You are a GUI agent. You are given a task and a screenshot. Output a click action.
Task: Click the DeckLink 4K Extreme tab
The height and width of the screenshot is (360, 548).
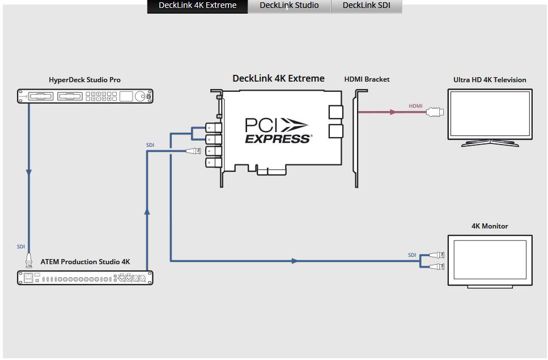pyautogui.click(x=197, y=6)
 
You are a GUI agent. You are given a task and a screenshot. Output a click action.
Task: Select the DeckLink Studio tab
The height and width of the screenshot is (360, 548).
pyautogui.click(x=289, y=6)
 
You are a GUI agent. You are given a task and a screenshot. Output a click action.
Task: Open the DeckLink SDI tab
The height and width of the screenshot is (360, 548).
pyautogui.click(x=366, y=6)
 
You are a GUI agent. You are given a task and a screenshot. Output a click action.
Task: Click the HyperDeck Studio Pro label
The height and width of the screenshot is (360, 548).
pyautogui.click(x=84, y=80)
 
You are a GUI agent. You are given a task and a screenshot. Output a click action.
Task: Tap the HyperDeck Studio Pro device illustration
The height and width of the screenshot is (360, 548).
pyautogui.click(x=84, y=96)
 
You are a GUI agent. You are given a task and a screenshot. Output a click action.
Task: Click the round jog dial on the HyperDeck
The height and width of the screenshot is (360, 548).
pyautogui.click(x=139, y=96)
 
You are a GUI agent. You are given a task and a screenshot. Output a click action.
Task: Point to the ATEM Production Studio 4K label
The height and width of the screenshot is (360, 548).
pyautogui.click(x=85, y=262)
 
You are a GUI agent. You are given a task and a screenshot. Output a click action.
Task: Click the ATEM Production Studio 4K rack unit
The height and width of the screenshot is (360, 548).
pyautogui.click(x=85, y=278)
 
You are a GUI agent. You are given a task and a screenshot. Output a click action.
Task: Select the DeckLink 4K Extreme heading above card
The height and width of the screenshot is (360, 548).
pyautogui.click(x=278, y=78)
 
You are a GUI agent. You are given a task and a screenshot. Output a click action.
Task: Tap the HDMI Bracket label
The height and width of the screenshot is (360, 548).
pyautogui.click(x=367, y=79)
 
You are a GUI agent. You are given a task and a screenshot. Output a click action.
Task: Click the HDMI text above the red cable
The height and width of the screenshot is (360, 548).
pyautogui.click(x=415, y=105)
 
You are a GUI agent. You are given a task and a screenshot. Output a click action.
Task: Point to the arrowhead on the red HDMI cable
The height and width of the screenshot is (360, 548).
pyautogui.click(x=392, y=112)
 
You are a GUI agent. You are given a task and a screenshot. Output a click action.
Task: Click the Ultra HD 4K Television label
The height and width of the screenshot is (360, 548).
pyautogui.click(x=490, y=80)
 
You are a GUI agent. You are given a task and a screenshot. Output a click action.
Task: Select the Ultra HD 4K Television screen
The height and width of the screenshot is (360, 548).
pyautogui.click(x=490, y=113)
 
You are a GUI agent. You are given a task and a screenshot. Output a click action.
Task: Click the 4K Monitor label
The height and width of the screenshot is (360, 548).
pyautogui.click(x=490, y=226)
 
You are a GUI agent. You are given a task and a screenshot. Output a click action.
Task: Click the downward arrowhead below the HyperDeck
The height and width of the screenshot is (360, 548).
pyautogui.click(x=29, y=172)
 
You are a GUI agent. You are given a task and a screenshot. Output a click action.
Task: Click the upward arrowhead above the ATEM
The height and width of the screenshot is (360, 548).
pyautogui.click(x=147, y=211)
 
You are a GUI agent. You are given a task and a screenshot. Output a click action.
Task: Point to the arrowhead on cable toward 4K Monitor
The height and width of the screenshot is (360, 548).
pyautogui.click(x=294, y=261)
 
